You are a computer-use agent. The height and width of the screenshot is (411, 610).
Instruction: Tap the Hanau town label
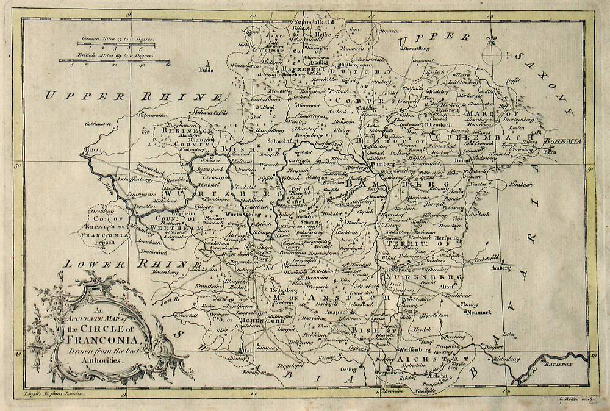coord(90,148)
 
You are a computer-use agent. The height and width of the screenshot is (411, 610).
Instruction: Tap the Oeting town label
coord(348,369)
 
